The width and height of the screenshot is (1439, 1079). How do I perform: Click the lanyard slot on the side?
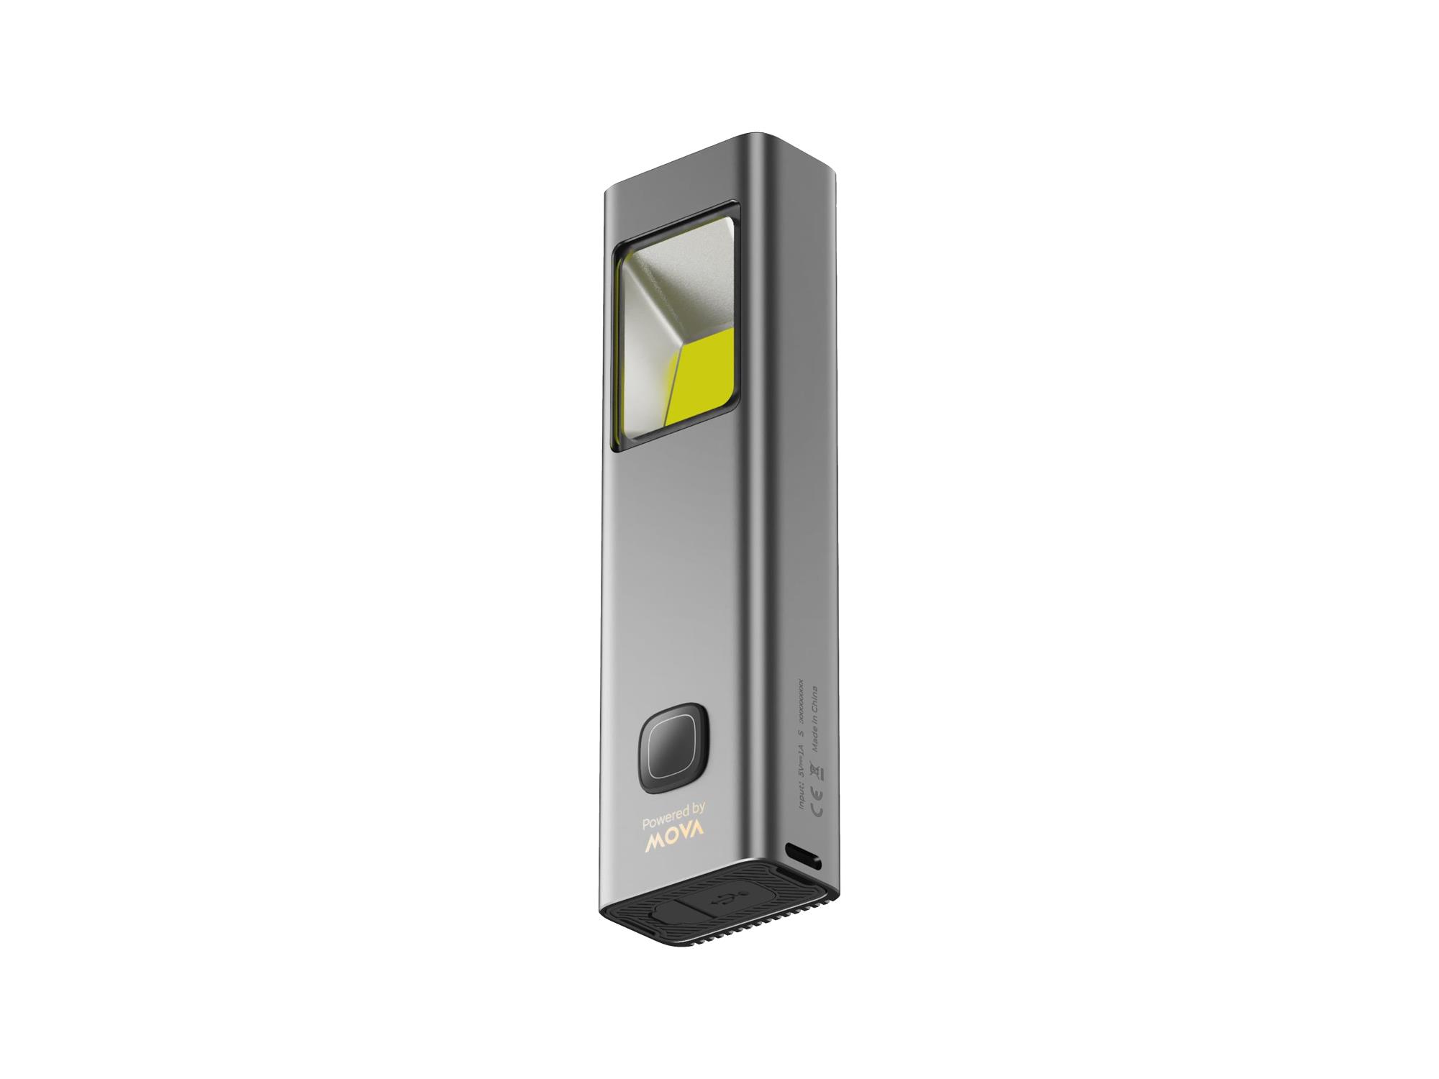[x=806, y=857]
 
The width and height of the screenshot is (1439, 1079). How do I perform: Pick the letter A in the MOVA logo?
[x=696, y=839]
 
